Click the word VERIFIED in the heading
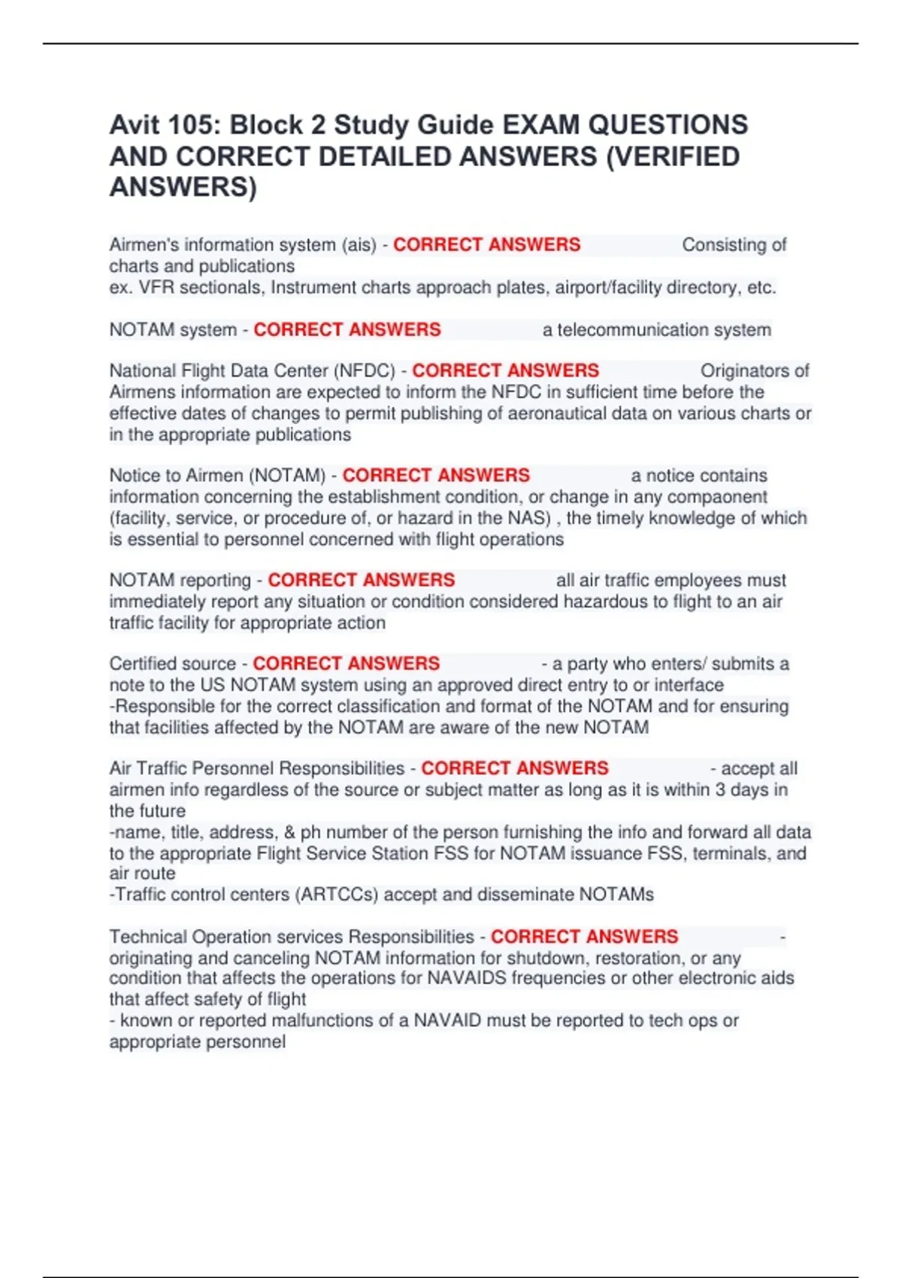679,156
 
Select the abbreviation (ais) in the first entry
359,245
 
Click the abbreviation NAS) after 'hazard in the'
531,518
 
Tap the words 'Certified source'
172,664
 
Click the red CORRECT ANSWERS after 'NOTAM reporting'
361,580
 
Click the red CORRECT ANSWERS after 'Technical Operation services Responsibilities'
584,937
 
